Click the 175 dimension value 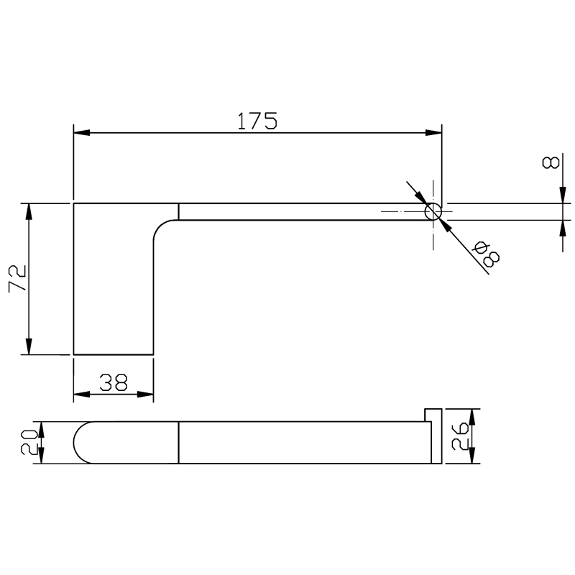point(257,121)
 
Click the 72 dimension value point(17,278)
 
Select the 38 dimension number point(114,382)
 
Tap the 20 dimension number point(29,443)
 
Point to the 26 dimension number point(460,436)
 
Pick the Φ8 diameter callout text point(487,254)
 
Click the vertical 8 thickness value point(551,162)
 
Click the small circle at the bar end point(433,212)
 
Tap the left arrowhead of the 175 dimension point(81,132)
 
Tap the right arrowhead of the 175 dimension point(433,132)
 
